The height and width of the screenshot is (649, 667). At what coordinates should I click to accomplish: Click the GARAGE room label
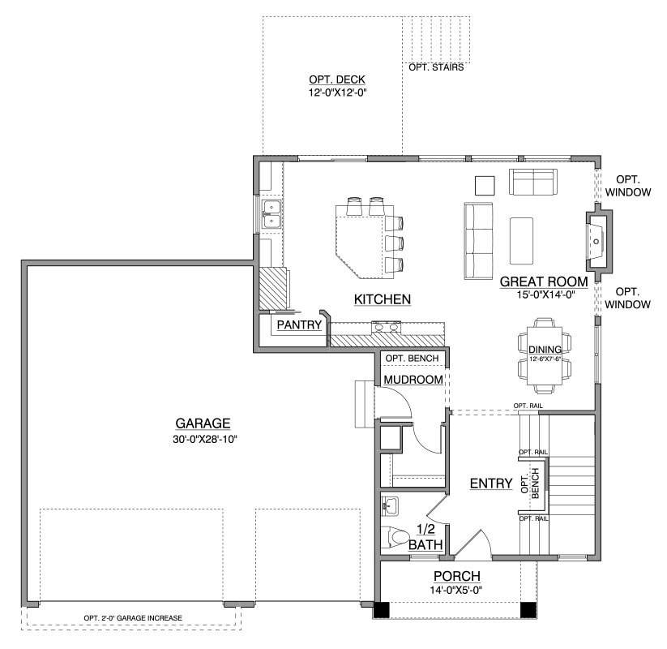tap(203, 423)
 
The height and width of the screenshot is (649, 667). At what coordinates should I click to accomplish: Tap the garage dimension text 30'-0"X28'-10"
tap(204, 440)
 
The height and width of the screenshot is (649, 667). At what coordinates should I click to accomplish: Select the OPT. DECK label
tap(337, 80)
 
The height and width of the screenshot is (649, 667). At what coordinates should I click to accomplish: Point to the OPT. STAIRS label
tap(436, 67)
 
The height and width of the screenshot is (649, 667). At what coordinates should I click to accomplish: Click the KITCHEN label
tap(383, 299)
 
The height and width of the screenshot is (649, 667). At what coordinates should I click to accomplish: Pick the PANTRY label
tap(299, 325)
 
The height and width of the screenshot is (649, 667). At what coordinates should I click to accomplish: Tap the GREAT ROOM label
tap(544, 282)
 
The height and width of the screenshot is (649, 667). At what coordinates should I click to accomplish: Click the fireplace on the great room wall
tap(599, 242)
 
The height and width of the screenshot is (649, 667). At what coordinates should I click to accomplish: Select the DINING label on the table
tap(545, 350)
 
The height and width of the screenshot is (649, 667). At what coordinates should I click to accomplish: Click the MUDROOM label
tap(413, 380)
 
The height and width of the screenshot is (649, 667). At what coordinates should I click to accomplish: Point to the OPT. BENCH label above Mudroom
tap(412, 359)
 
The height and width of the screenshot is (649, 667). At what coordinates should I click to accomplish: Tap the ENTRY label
tap(491, 484)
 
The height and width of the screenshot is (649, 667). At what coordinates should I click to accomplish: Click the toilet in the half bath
tap(395, 537)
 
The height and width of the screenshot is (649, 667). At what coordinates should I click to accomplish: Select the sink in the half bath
tap(389, 507)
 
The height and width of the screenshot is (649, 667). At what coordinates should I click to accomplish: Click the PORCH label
tap(457, 576)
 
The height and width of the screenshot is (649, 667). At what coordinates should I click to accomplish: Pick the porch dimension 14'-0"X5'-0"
tap(455, 591)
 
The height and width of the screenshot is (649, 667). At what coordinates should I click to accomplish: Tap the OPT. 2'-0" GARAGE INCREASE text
tap(133, 618)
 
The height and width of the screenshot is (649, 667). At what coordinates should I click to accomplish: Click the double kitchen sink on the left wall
tap(271, 214)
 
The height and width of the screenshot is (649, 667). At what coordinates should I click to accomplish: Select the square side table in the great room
tap(485, 186)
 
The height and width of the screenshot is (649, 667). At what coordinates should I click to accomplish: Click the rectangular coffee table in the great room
tap(521, 241)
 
